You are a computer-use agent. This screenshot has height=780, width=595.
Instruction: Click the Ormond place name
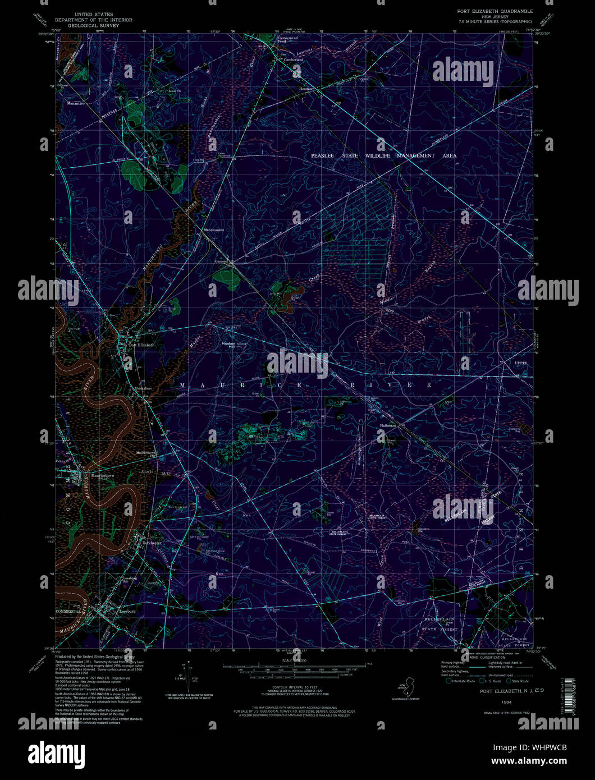point(223,259)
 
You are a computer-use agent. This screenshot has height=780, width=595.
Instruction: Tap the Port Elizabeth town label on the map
point(142,345)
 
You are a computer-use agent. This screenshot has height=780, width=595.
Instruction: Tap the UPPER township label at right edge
point(521,364)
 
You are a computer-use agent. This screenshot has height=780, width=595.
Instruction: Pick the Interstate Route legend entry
point(462,681)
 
